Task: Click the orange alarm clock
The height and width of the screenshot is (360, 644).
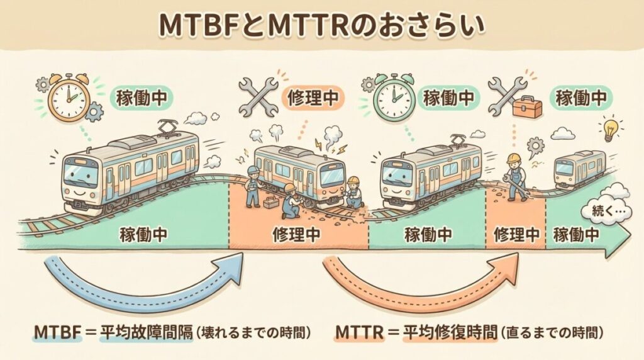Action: pyautogui.click(x=68, y=98)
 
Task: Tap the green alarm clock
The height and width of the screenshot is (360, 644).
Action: pyautogui.click(x=392, y=98)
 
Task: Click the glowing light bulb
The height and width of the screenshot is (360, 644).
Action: pyautogui.click(x=609, y=130)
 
